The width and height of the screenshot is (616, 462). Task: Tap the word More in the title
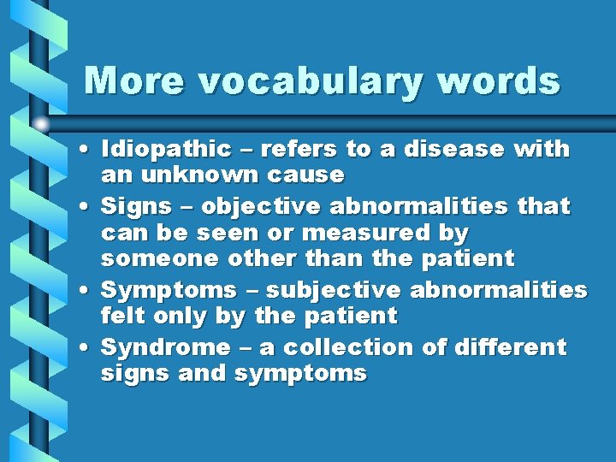click(x=133, y=80)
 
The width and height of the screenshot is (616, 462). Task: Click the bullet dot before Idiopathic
click(x=89, y=151)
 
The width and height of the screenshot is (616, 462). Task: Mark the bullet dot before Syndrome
click(x=89, y=348)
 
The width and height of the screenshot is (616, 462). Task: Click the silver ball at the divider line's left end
click(x=41, y=124)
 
